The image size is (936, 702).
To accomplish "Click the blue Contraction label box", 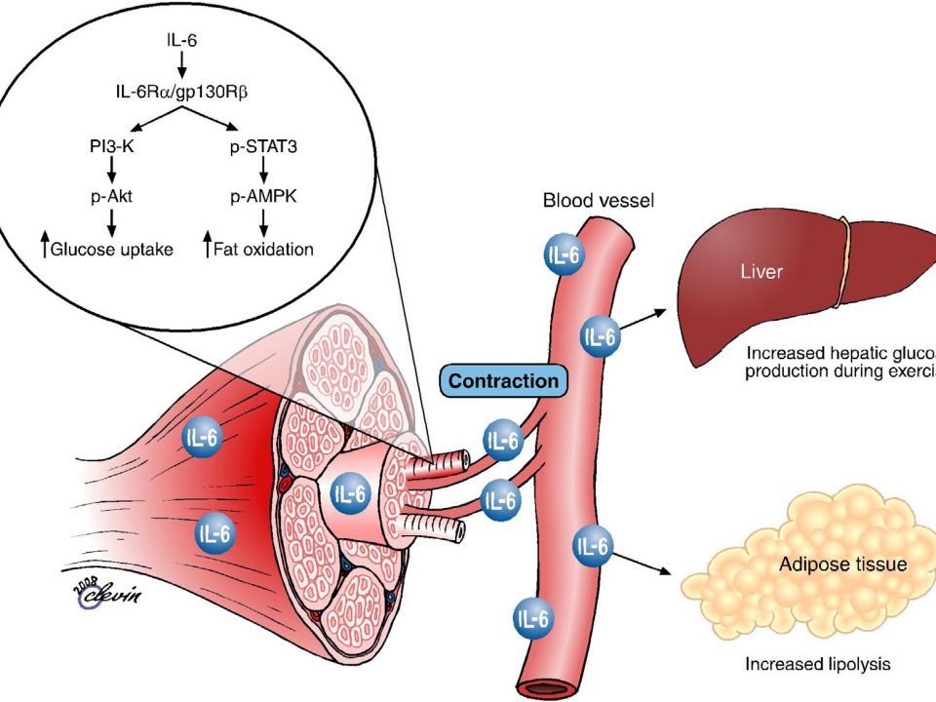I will click(x=505, y=379).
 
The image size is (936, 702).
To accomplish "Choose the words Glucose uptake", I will click(x=111, y=249).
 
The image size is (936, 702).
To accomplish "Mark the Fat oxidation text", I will click(x=263, y=249).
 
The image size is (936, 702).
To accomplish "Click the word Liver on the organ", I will click(x=760, y=271).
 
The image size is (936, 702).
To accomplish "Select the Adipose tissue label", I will click(x=843, y=564).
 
